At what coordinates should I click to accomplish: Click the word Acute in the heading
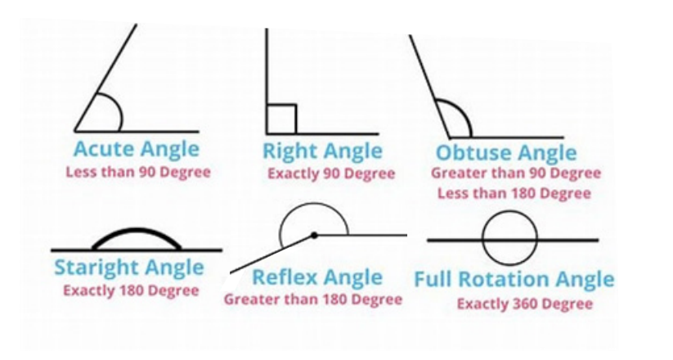(104, 149)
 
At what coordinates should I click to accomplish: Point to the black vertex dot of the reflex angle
(314, 235)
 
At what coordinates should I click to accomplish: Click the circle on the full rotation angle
(509, 211)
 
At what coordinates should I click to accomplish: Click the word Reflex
(285, 277)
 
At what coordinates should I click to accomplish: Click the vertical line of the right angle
(267, 81)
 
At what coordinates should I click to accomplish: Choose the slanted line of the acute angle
(106, 78)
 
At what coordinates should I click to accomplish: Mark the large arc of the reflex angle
(314, 204)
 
